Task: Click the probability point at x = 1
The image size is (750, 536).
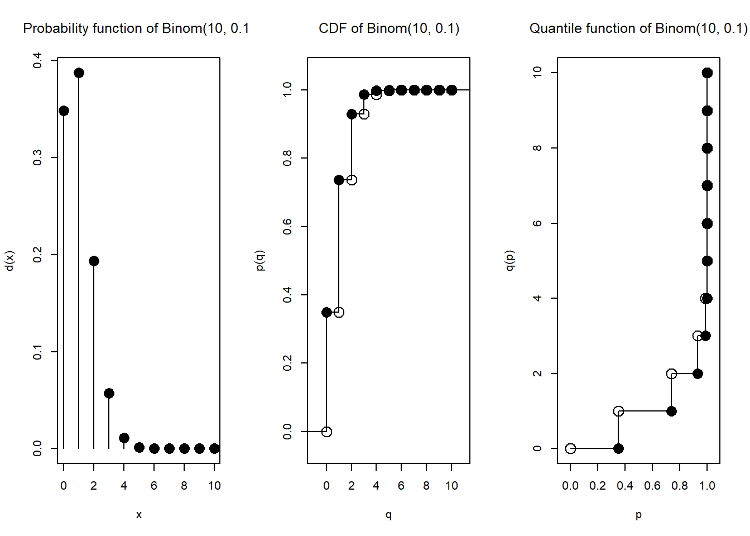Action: pos(79,73)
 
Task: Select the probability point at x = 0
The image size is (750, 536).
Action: pos(64,111)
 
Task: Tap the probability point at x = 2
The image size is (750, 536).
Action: pos(94,261)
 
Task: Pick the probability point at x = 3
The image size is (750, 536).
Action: pos(109,394)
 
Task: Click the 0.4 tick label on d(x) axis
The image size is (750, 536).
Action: pos(37,60)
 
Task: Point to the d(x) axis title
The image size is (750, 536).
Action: pos(9,261)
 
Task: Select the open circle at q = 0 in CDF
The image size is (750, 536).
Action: pos(326,432)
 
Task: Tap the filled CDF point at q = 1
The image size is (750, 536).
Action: pos(339,180)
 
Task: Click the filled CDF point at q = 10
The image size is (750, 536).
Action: pos(451,90)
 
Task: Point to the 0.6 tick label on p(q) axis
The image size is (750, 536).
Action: pos(287,227)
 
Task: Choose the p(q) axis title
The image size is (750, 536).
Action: pos(259,261)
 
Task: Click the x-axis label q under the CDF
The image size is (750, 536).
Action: pos(388,515)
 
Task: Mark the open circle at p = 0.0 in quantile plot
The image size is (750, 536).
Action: pos(570,448)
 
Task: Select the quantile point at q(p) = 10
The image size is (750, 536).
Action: pos(707,73)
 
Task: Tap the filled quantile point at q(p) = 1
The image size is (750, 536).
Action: pos(671,411)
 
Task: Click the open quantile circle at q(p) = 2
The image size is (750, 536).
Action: pos(671,374)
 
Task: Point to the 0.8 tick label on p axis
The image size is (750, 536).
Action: pos(680,486)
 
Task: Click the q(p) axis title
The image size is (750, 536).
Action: pos(509,261)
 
